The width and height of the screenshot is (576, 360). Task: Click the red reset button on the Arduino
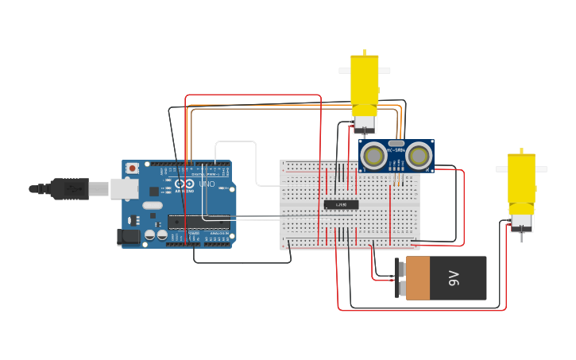pyautogui.click(x=132, y=168)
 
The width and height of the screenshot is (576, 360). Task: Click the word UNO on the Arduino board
pyautogui.click(x=207, y=184)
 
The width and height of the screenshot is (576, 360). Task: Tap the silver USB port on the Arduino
pyautogui.click(x=123, y=188)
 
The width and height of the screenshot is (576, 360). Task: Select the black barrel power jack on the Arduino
pyautogui.click(x=128, y=237)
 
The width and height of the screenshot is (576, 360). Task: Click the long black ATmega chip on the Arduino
pyautogui.click(x=198, y=221)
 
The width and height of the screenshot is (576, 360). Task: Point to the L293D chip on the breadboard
pyautogui.click(x=341, y=204)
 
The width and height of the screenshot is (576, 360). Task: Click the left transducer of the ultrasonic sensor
pyautogui.click(x=373, y=156)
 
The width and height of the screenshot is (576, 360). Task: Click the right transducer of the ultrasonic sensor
pyautogui.click(x=419, y=156)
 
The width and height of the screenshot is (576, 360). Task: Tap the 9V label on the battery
pyautogui.click(x=454, y=278)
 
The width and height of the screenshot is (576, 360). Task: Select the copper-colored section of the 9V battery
pyautogui.click(x=418, y=278)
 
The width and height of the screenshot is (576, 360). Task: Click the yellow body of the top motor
pyautogui.click(x=365, y=83)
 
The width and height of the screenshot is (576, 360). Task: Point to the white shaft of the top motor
pyautogui.click(x=365, y=71)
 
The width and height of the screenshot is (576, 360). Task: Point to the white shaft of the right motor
pyautogui.click(x=521, y=169)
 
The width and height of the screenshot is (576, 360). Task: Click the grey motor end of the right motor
pyautogui.click(x=521, y=220)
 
